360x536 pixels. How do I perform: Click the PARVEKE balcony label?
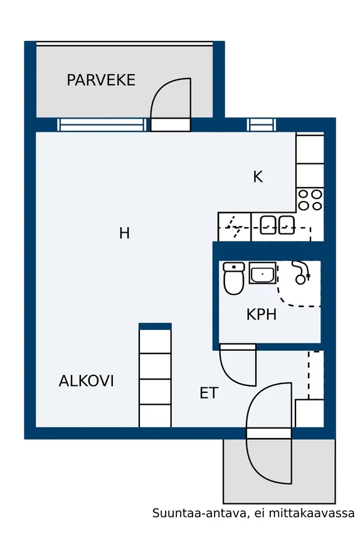(101, 80)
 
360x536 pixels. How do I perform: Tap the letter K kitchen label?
(258, 177)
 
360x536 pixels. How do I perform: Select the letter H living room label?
(124, 233)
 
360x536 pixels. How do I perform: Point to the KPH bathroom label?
(262, 314)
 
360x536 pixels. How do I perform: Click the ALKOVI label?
(86, 381)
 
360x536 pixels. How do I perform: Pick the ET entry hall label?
(209, 393)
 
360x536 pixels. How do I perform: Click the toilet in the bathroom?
(234, 278)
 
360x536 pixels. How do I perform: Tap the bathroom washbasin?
(262, 273)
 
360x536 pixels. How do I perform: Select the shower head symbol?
(301, 273)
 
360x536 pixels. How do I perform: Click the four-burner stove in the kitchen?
(310, 200)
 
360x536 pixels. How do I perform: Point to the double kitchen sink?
(277, 225)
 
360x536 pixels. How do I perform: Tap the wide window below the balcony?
(102, 125)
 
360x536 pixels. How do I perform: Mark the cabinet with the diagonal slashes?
(235, 227)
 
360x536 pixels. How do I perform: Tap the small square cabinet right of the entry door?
(309, 413)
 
